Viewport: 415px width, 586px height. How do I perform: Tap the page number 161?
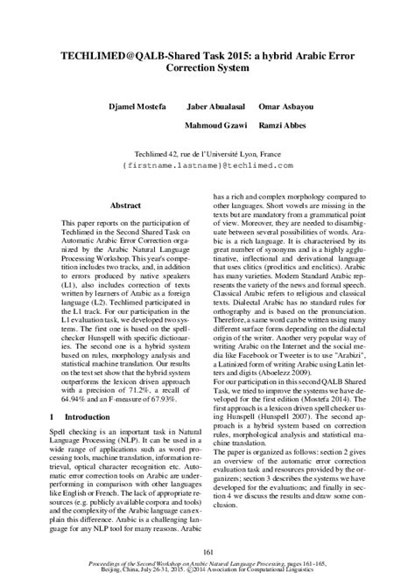click(207, 548)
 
